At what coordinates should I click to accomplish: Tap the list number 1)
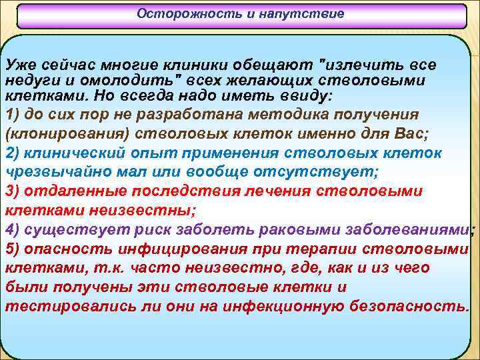pos(14,114)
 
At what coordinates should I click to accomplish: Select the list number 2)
pos(14,153)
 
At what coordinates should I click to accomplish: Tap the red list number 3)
pos(14,191)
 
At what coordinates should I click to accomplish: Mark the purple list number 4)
pos(14,230)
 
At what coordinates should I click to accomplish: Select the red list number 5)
pos(14,249)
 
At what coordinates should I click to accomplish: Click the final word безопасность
pos(412,307)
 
